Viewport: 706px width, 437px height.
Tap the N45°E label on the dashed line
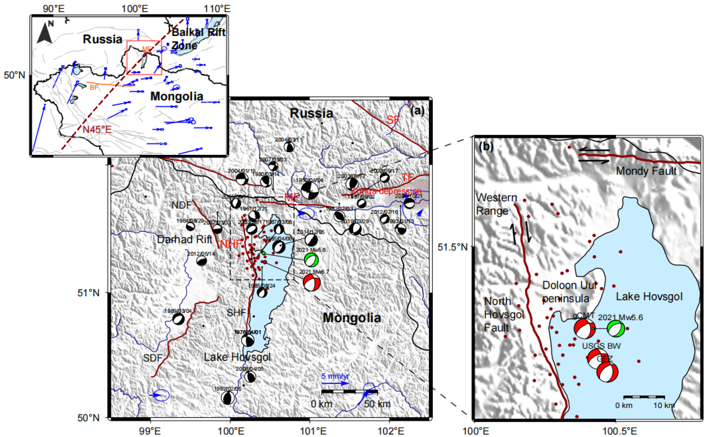pyautogui.click(x=97, y=129)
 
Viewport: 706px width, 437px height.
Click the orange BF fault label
pyautogui.click(x=94, y=87)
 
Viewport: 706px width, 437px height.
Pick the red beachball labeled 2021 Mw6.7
pyautogui.click(x=312, y=282)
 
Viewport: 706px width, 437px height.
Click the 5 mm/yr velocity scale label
pyautogui.click(x=335, y=376)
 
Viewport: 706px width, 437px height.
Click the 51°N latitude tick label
pyautogui.click(x=88, y=293)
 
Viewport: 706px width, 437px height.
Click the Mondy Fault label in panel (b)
pyautogui.click(x=646, y=171)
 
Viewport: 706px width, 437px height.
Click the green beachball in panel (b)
pyautogui.click(x=616, y=329)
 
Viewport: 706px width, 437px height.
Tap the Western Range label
pyautogui.click(x=496, y=204)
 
